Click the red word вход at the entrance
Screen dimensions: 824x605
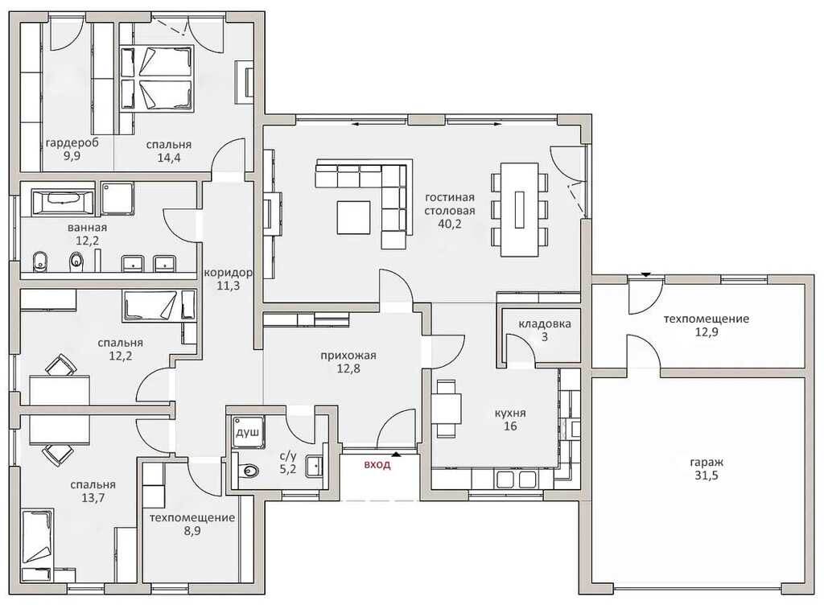point(377,465)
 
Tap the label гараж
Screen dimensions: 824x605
point(707,463)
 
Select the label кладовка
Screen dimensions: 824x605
point(545,324)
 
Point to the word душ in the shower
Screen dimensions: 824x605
point(246,433)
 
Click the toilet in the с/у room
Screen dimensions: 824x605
point(249,471)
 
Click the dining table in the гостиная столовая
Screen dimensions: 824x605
point(519,209)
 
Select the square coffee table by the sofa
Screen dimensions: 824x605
point(354,217)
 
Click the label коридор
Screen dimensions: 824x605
point(228,273)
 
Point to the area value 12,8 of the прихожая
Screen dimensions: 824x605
point(348,368)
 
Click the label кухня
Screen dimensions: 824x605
point(510,413)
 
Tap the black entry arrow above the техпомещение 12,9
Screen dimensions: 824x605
point(646,274)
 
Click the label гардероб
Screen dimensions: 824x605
point(72,143)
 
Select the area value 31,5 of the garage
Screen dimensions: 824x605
point(707,476)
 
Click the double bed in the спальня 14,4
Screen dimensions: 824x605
point(157,78)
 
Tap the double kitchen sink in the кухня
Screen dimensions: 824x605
point(516,479)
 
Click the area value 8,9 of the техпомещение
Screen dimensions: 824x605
point(192,531)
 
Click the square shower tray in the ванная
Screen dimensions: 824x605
point(117,198)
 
